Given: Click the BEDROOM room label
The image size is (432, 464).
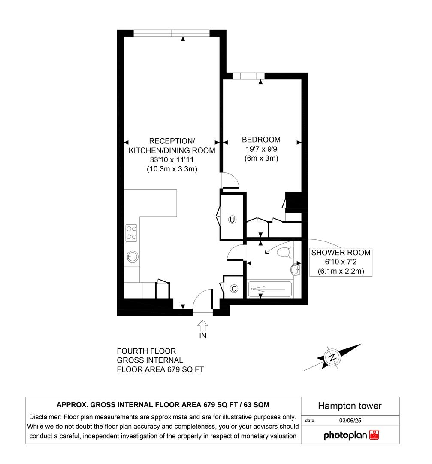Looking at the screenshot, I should click(261, 140).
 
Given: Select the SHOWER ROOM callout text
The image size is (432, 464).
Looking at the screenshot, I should click(341, 253).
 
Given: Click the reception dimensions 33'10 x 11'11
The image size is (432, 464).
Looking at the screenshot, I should click(172, 160).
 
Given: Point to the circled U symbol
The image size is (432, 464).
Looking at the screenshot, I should click(232, 220).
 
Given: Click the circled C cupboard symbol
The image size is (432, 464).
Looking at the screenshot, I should click(234, 289).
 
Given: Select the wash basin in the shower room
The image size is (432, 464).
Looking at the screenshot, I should click(296, 269).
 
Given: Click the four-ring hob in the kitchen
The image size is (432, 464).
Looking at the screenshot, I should click(131, 232).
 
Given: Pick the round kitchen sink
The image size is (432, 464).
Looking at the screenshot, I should click(132, 257).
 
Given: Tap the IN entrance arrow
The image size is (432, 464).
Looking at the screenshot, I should click(203, 324).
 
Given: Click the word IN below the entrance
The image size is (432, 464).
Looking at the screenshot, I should click(203, 336).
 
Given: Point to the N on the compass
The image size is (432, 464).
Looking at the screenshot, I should click(332, 357).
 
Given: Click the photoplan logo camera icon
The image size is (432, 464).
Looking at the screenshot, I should click(374, 435).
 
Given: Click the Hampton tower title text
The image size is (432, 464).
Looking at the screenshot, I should click(350, 406).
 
